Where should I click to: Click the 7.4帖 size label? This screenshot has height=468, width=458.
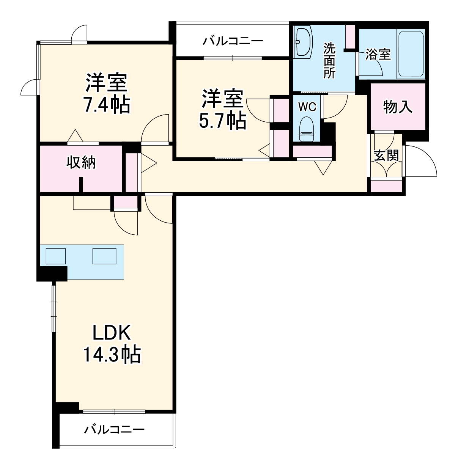[x=107, y=105]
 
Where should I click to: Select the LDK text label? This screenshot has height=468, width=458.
[x=112, y=333]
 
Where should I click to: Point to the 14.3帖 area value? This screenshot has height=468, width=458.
[x=112, y=355]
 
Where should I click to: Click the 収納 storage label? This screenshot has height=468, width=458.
[x=81, y=162]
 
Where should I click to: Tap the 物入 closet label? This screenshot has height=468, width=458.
[x=397, y=107]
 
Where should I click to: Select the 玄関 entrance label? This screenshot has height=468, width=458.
[x=386, y=155]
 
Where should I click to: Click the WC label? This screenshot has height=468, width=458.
[x=307, y=107]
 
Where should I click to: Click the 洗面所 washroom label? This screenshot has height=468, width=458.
[x=329, y=61]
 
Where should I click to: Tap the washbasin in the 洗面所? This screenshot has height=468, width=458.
[x=303, y=42]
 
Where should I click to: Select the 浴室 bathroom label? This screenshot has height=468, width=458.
[x=378, y=54]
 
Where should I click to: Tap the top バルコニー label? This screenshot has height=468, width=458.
[x=232, y=41]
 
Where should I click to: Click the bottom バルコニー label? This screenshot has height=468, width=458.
[x=114, y=429]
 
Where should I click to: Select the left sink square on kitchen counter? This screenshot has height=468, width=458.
[x=56, y=256]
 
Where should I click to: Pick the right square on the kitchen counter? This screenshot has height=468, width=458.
[x=104, y=256]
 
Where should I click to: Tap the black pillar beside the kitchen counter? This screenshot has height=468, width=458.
[x=52, y=273]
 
